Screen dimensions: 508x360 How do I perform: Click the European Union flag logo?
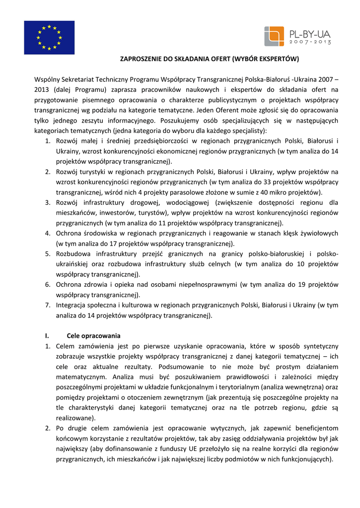click(x=49, y=37)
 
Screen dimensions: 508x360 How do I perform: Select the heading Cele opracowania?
click(x=93, y=335)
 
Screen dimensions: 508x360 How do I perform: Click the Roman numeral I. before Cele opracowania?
click(x=48, y=335)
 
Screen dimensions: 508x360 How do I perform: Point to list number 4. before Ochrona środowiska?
click(x=48, y=233)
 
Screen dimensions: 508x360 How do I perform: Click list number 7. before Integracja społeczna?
click(x=48, y=305)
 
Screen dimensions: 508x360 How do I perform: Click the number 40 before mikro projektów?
click(x=268, y=192)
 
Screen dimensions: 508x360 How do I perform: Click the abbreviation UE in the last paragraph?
click(x=198, y=449)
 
